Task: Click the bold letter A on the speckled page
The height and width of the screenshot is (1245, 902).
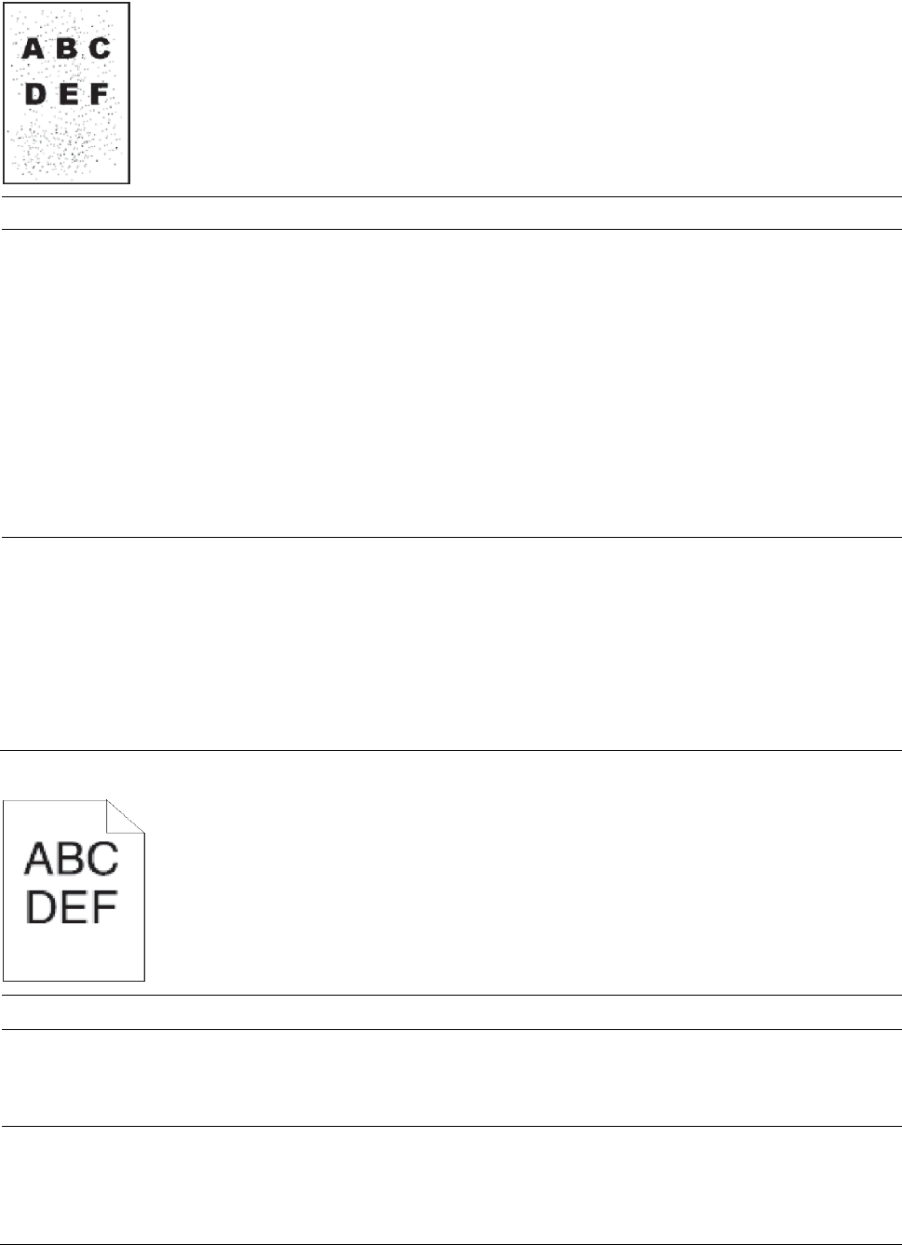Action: pos(33,48)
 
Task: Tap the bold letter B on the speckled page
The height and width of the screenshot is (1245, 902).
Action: pos(66,48)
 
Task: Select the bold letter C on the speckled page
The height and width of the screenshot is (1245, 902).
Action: pos(100,48)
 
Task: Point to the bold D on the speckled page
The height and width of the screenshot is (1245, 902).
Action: pos(35,94)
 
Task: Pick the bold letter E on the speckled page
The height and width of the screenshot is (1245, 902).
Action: pos(67,94)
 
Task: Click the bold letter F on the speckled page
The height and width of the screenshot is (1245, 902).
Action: pos(98,94)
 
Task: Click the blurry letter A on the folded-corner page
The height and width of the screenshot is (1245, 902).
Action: pos(39,859)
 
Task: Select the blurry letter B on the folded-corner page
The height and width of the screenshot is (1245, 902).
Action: pos(72,859)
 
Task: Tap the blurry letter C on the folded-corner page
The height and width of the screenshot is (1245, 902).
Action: pos(102,859)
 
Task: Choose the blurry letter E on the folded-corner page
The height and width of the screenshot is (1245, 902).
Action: pos(72,907)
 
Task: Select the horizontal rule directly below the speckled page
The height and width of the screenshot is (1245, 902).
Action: pos(451,197)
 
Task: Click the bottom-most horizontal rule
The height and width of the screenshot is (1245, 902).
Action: pos(451,1244)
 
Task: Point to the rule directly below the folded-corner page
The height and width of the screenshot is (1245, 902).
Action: pos(451,997)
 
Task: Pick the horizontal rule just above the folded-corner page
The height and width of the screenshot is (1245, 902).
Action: pos(451,750)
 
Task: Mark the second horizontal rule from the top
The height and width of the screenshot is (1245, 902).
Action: pos(451,230)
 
